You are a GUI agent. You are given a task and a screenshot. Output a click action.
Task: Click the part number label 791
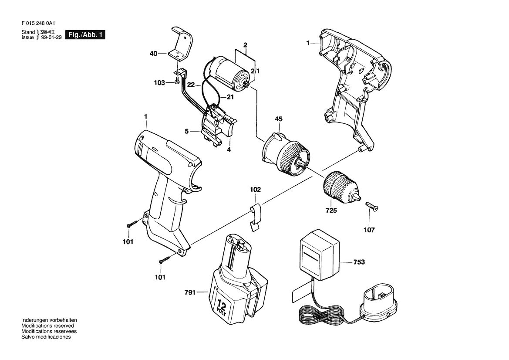coord(190,292)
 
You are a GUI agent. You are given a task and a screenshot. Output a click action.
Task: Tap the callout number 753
coord(359,262)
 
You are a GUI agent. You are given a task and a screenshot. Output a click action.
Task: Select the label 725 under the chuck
coord(331,211)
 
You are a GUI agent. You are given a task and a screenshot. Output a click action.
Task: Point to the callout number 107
coord(369,230)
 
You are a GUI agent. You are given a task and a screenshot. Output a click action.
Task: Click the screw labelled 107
coord(372,206)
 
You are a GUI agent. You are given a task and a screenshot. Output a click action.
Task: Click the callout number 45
coord(279,119)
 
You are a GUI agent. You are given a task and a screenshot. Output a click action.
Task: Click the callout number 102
coord(256,190)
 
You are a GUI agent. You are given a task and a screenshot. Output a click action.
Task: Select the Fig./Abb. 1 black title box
coord(85,35)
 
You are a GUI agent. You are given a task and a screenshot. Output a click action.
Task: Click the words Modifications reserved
coord(48,326)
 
